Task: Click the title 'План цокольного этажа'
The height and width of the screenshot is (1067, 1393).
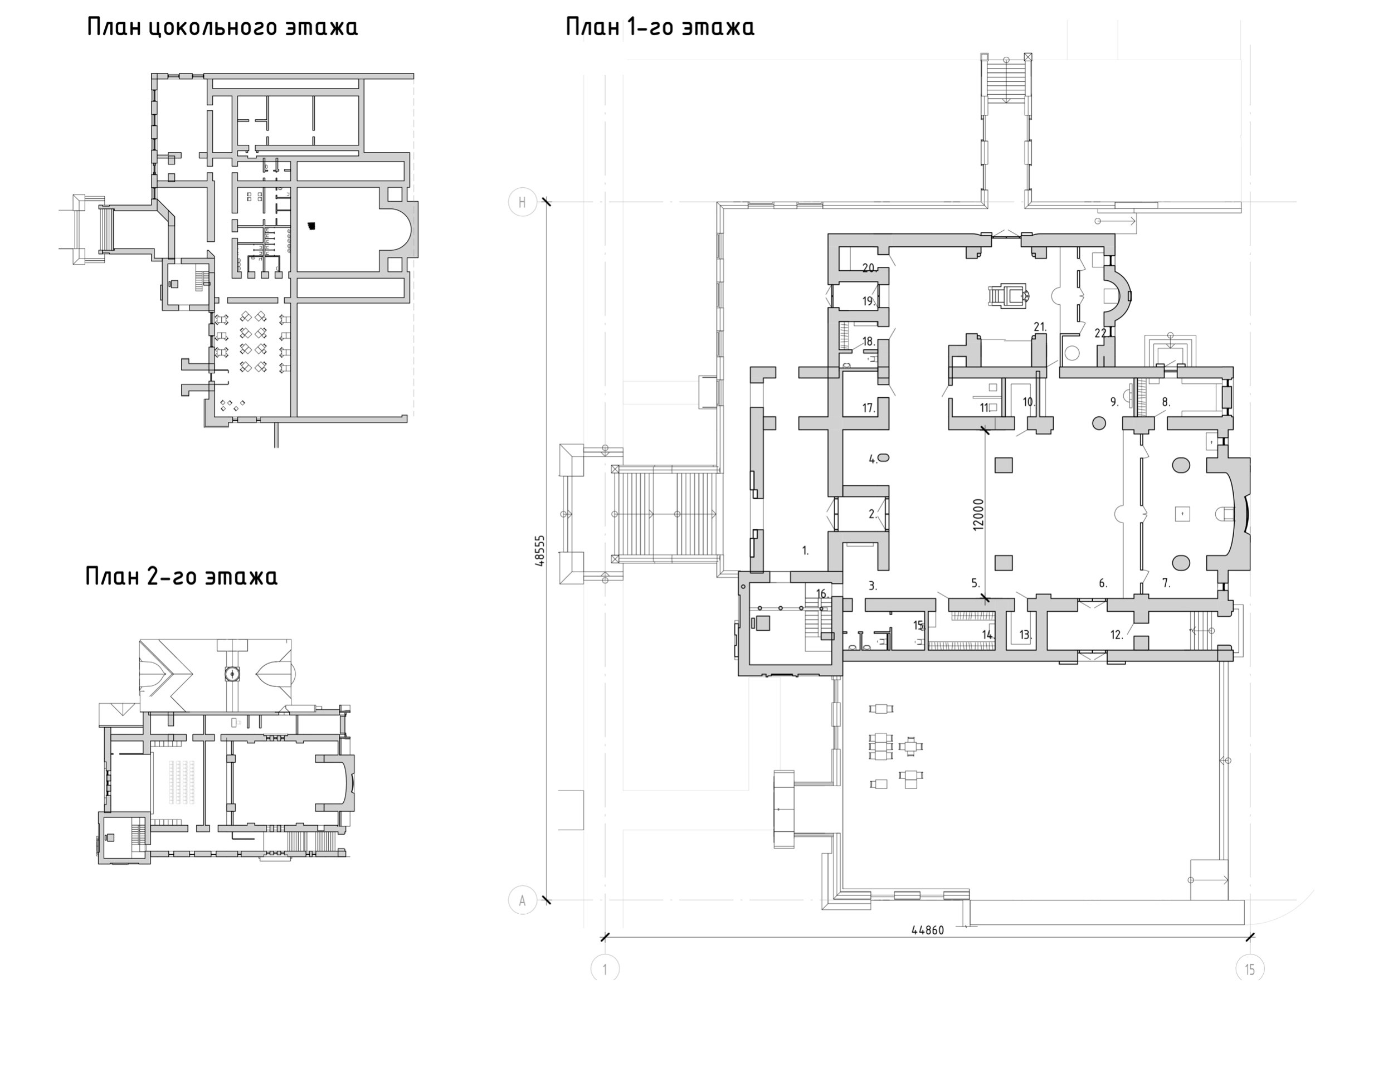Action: pyautogui.click(x=222, y=27)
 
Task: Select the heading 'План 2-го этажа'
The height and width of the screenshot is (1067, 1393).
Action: pyautogui.click(x=182, y=576)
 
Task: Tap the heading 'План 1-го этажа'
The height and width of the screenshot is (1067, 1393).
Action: pyautogui.click(x=660, y=27)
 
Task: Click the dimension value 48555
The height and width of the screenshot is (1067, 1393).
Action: pyautogui.click(x=540, y=550)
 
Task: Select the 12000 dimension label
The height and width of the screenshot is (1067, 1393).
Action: pyautogui.click(x=978, y=514)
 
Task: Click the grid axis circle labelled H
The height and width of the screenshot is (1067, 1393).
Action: pyautogui.click(x=522, y=203)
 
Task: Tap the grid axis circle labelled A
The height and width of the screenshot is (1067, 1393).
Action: pyautogui.click(x=522, y=900)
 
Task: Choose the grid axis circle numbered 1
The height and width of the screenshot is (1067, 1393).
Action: pyautogui.click(x=605, y=970)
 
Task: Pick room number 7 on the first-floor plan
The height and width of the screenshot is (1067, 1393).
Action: pyautogui.click(x=1166, y=582)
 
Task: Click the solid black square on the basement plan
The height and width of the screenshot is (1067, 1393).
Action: pyautogui.click(x=310, y=226)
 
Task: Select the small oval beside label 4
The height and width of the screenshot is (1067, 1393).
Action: pyautogui.click(x=884, y=457)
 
